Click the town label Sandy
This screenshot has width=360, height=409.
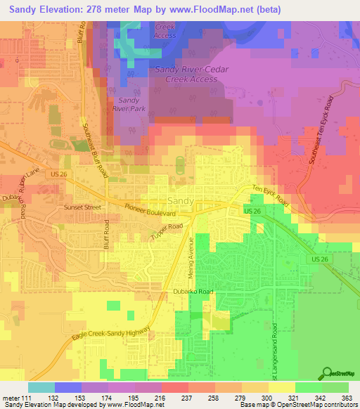181,201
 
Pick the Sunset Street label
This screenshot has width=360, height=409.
44,208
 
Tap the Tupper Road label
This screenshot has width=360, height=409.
166,233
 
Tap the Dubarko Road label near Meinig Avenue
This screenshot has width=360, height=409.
192,290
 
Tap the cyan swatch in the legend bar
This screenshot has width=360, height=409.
41,387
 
